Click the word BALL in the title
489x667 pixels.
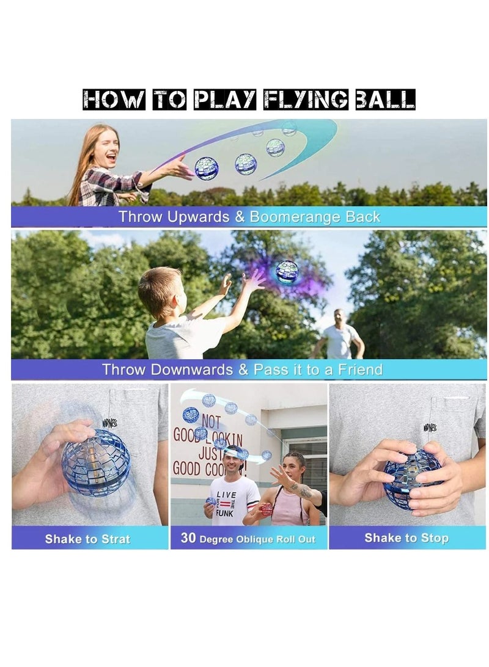coord(386,99)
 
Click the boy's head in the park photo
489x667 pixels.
coord(160,292)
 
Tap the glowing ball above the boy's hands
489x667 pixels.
coord(287,272)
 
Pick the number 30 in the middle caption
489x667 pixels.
coord(188,539)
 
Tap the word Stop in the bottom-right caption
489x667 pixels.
coord(434,538)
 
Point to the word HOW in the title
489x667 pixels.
coord(114,99)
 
